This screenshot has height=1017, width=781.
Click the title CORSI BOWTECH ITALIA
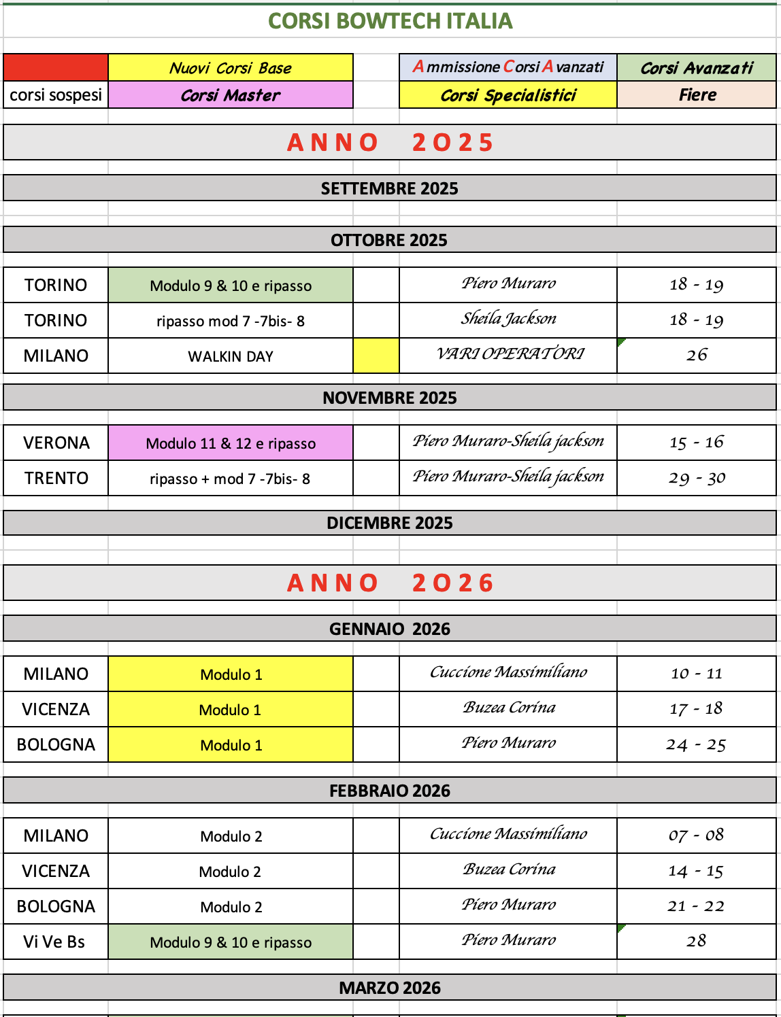click(390, 21)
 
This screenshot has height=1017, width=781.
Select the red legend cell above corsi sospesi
click(56, 67)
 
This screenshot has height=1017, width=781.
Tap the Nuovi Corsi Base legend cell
click(231, 68)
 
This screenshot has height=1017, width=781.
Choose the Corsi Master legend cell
click(231, 95)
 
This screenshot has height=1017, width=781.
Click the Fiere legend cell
click(697, 95)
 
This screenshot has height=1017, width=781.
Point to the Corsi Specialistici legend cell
click(508, 95)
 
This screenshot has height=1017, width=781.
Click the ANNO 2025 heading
click(390, 142)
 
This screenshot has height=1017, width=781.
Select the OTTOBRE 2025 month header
click(390, 240)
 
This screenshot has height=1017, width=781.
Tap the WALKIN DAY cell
click(231, 356)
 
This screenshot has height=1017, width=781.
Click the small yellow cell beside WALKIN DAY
click(376, 356)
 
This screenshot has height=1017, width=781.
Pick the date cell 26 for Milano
click(697, 356)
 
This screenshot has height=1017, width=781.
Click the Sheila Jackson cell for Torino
click(508, 320)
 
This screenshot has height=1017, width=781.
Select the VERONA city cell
click(56, 443)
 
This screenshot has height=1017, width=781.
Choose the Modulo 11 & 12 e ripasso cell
click(231, 443)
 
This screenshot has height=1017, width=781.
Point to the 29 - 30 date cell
click(697, 479)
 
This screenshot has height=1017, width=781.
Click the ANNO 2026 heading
click(390, 583)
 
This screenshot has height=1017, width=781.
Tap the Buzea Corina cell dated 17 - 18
click(508, 708)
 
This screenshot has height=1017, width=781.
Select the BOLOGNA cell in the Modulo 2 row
click(56, 907)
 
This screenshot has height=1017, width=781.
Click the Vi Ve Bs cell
click(56, 942)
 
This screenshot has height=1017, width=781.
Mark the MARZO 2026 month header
click(390, 988)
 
